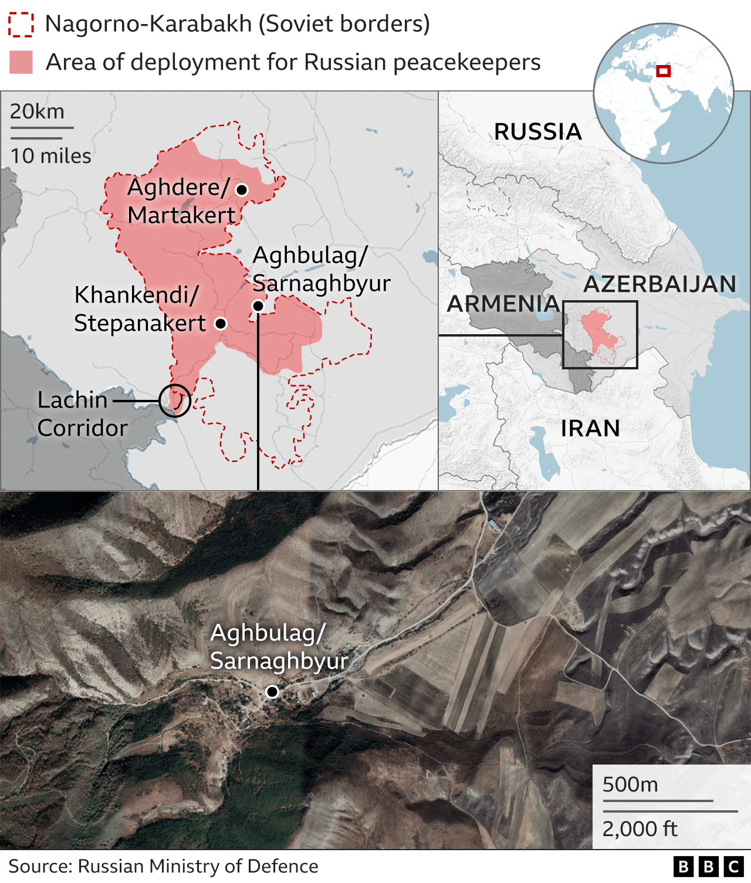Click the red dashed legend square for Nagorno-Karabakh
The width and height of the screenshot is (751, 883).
coord(21,24)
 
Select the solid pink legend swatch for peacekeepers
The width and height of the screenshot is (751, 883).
coord(21,62)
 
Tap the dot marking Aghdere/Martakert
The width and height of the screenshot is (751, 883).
coord(241,189)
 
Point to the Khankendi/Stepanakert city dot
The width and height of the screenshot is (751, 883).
coord(221,323)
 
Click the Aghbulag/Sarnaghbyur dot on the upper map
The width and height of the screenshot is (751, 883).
coord(258,305)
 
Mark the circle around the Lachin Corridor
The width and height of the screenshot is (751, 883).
coord(175,401)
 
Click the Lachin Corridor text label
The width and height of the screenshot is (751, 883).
coord(82,414)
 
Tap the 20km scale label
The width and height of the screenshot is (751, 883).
coord(37,111)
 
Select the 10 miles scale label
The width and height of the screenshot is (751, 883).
coord(51,156)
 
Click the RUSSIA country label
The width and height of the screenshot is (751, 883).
coord(537,131)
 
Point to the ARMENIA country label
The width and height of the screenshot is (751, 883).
coord(503,304)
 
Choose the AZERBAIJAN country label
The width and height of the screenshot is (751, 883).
coord(659,284)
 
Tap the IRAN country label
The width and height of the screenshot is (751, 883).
coord(590,429)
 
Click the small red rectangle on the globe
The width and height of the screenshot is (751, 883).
coord(663,71)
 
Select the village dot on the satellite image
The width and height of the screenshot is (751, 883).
coord(272,692)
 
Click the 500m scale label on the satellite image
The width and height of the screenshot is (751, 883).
coord(630,784)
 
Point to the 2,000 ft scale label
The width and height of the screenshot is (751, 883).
coord(640,829)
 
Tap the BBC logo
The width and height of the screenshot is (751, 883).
coord(708,867)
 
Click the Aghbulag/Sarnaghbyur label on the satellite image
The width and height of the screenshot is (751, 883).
coord(279,647)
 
